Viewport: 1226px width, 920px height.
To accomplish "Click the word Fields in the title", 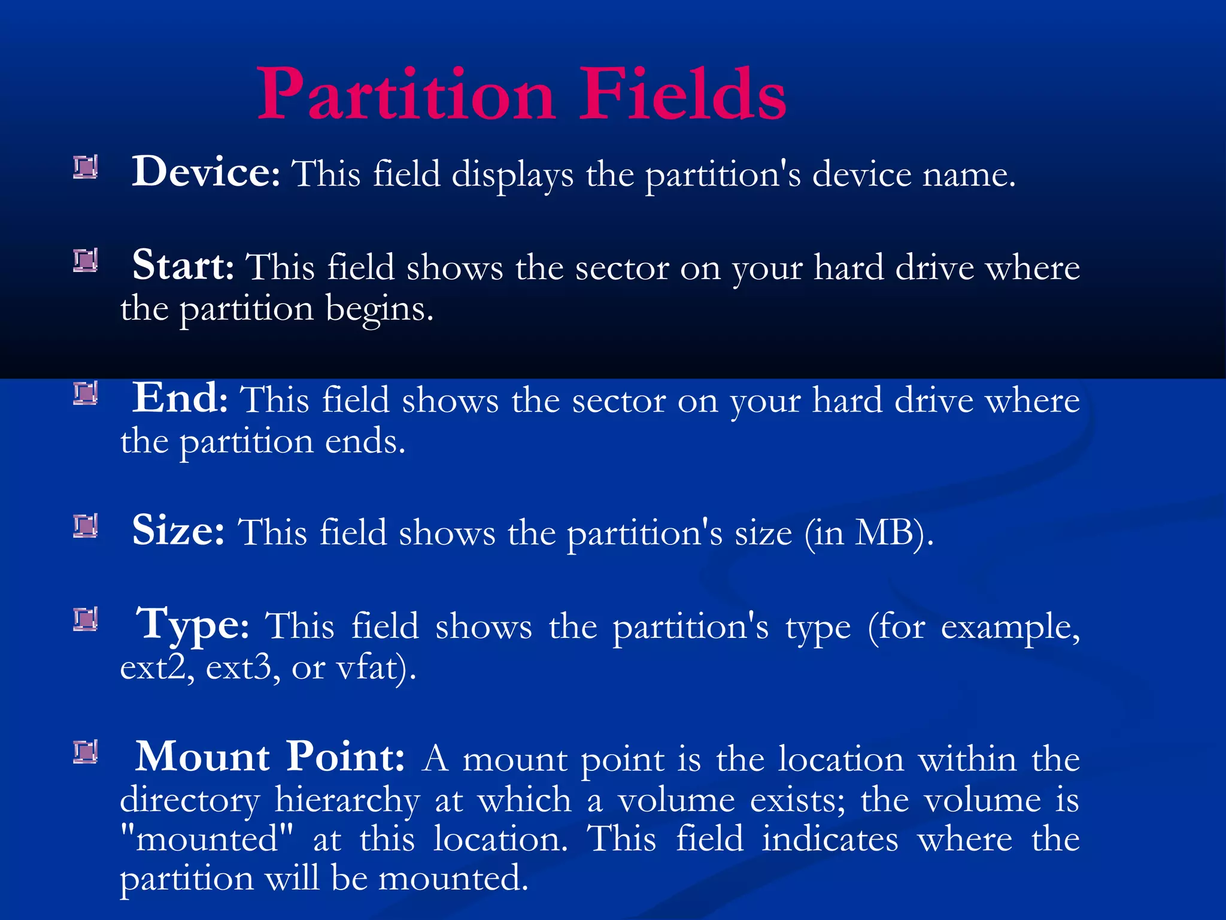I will click(682, 94).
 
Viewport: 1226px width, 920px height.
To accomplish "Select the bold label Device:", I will click(205, 172).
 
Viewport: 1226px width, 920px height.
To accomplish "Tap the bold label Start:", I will click(183, 265).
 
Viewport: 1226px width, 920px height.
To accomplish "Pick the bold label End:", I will click(179, 398).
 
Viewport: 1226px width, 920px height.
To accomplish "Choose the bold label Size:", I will click(178, 530).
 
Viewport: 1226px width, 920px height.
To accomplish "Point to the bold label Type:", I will click(192, 625).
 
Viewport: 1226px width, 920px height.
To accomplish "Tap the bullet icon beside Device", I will click(86, 167).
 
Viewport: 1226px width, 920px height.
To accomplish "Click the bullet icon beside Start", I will click(86, 261).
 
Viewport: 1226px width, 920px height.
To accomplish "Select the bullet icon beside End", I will click(86, 394).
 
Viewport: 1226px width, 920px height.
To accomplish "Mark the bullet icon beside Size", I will click(86, 526).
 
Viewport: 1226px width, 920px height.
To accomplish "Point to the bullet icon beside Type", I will click(86, 619).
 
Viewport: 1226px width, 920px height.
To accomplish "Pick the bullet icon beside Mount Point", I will click(86, 752).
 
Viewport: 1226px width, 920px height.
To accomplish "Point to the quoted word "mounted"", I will click(207, 839).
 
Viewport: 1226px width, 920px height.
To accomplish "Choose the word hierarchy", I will click(347, 800).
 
